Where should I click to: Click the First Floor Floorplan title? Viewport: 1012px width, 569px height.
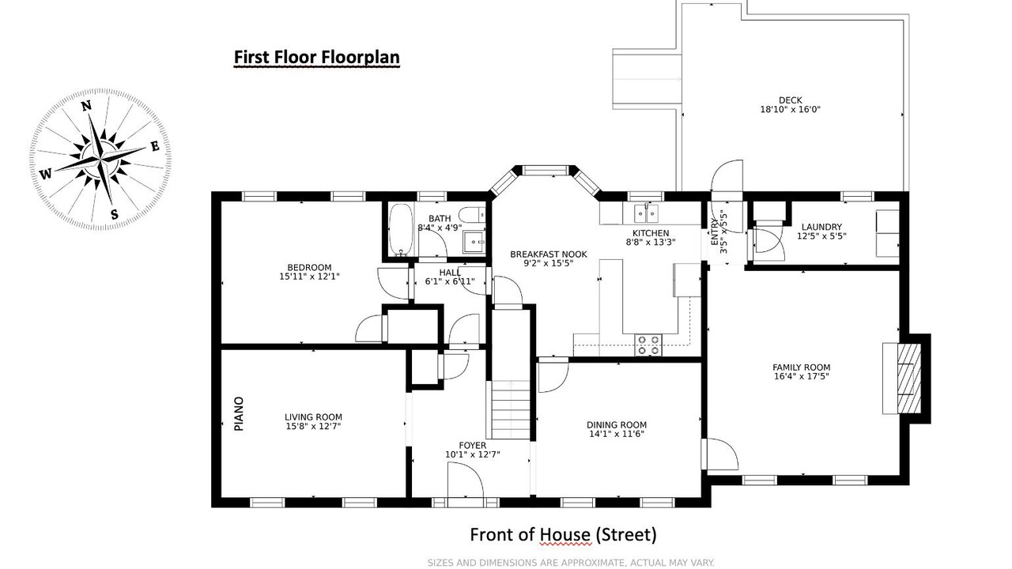[x=317, y=58]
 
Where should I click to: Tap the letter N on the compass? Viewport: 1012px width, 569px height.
[x=86, y=106]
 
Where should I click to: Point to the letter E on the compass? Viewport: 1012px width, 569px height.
[x=155, y=146]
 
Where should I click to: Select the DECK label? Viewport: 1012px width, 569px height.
[x=790, y=100]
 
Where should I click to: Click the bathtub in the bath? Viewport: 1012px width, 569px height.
[x=401, y=230]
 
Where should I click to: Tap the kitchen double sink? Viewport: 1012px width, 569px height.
[x=646, y=213]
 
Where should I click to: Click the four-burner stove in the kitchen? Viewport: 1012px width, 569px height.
[x=648, y=344]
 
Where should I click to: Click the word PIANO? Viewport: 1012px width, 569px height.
[x=239, y=413]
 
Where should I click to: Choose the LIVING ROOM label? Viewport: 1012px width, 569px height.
[x=313, y=417]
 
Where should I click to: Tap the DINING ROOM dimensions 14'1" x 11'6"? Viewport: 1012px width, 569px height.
[x=616, y=434]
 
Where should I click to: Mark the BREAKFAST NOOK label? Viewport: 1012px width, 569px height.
[x=549, y=254]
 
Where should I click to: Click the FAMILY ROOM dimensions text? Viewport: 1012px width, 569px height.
[x=801, y=376]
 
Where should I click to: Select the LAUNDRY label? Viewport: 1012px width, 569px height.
[x=821, y=227]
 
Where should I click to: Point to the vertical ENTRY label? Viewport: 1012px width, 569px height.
[x=714, y=232]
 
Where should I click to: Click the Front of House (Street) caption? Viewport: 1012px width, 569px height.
[x=563, y=535]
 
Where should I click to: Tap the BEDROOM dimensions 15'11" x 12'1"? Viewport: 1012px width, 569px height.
[x=309, y=277]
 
